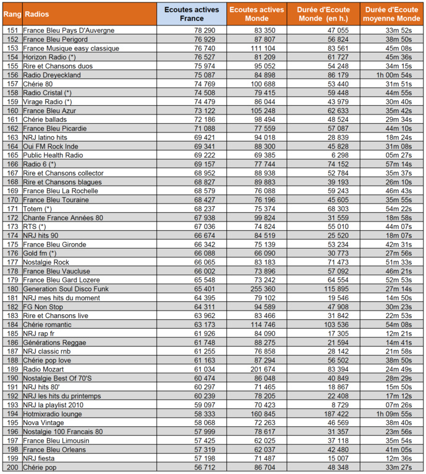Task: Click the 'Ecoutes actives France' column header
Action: [x=191, y=14]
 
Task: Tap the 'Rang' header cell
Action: [x=11, y=14]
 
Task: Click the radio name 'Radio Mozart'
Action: [x=44, y=369]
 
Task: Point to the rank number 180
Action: [x=12, y=288]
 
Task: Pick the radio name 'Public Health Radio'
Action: [x=54, y=155]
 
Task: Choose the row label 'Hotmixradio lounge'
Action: [x=54, y=413]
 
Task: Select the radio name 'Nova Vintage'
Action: [x=45, y=423]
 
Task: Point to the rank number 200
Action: [x=12, y=467]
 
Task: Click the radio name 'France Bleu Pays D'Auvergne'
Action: [x=69, y=30]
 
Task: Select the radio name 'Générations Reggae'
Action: [x=55, y=342]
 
